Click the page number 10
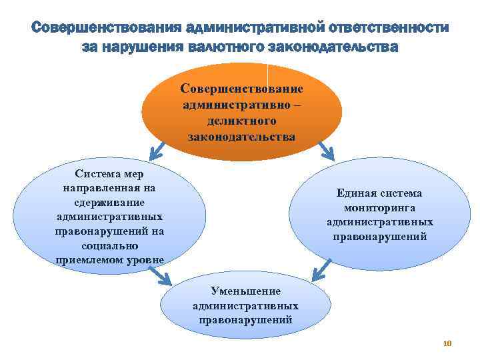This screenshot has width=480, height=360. tap(447, 343)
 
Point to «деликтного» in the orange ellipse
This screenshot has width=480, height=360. tap(241, 121)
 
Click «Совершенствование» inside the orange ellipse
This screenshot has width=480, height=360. tap(241, 89)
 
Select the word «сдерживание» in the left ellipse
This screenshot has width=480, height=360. tap(110, 202)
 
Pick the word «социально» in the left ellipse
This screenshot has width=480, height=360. tap(110, 245)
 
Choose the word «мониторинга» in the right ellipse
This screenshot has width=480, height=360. tap(380, 208)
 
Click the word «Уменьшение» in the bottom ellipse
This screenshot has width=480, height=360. tap(245, 291)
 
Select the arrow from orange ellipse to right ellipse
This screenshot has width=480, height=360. tap(327, 151)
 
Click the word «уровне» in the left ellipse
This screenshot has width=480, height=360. tap(143, 259)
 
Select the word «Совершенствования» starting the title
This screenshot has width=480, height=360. tap(107, 29)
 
